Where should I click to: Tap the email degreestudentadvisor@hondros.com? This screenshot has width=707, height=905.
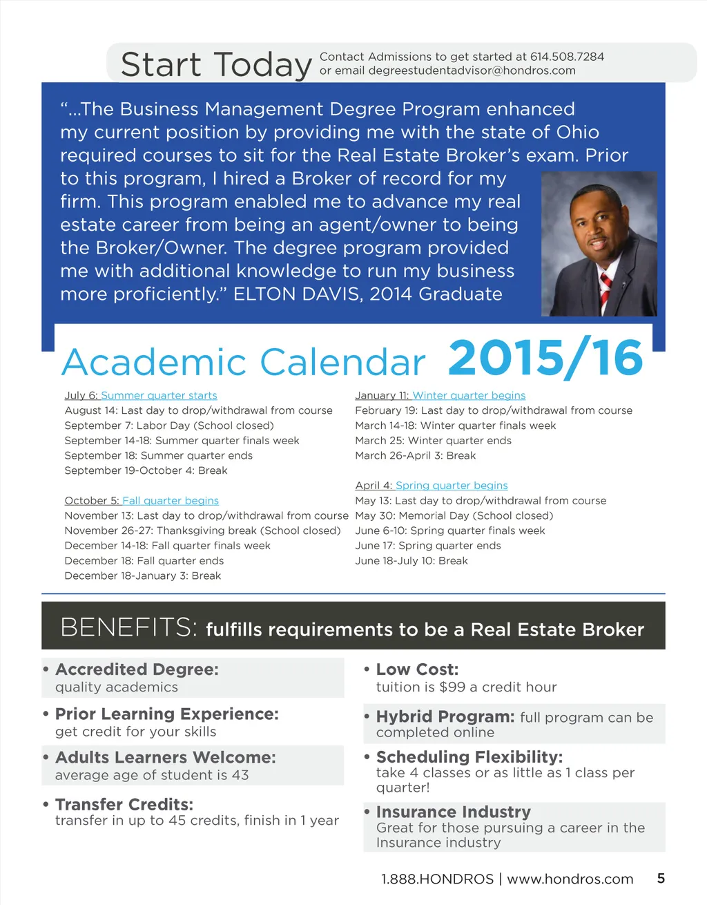472,70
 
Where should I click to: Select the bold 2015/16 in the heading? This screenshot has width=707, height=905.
545,359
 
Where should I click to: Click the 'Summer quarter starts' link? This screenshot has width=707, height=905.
159,396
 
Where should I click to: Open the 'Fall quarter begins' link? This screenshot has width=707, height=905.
171,501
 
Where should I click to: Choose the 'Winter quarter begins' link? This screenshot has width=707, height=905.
469,396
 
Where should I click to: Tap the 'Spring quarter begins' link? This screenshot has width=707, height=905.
452,486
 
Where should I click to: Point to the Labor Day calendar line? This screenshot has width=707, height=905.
169,426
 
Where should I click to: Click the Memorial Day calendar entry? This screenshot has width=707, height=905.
454,516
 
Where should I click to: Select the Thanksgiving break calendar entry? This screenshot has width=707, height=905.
202,531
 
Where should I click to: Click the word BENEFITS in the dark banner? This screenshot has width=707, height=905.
128,627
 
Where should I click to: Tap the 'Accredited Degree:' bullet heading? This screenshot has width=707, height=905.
137,669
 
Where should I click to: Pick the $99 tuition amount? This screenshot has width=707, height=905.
452,687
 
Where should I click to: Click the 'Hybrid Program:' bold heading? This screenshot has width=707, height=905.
445,716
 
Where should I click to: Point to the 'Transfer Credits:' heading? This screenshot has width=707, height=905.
124,805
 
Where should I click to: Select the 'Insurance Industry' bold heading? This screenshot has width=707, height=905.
454,812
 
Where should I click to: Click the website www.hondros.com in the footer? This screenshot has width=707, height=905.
570,879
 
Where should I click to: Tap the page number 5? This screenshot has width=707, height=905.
661,879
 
